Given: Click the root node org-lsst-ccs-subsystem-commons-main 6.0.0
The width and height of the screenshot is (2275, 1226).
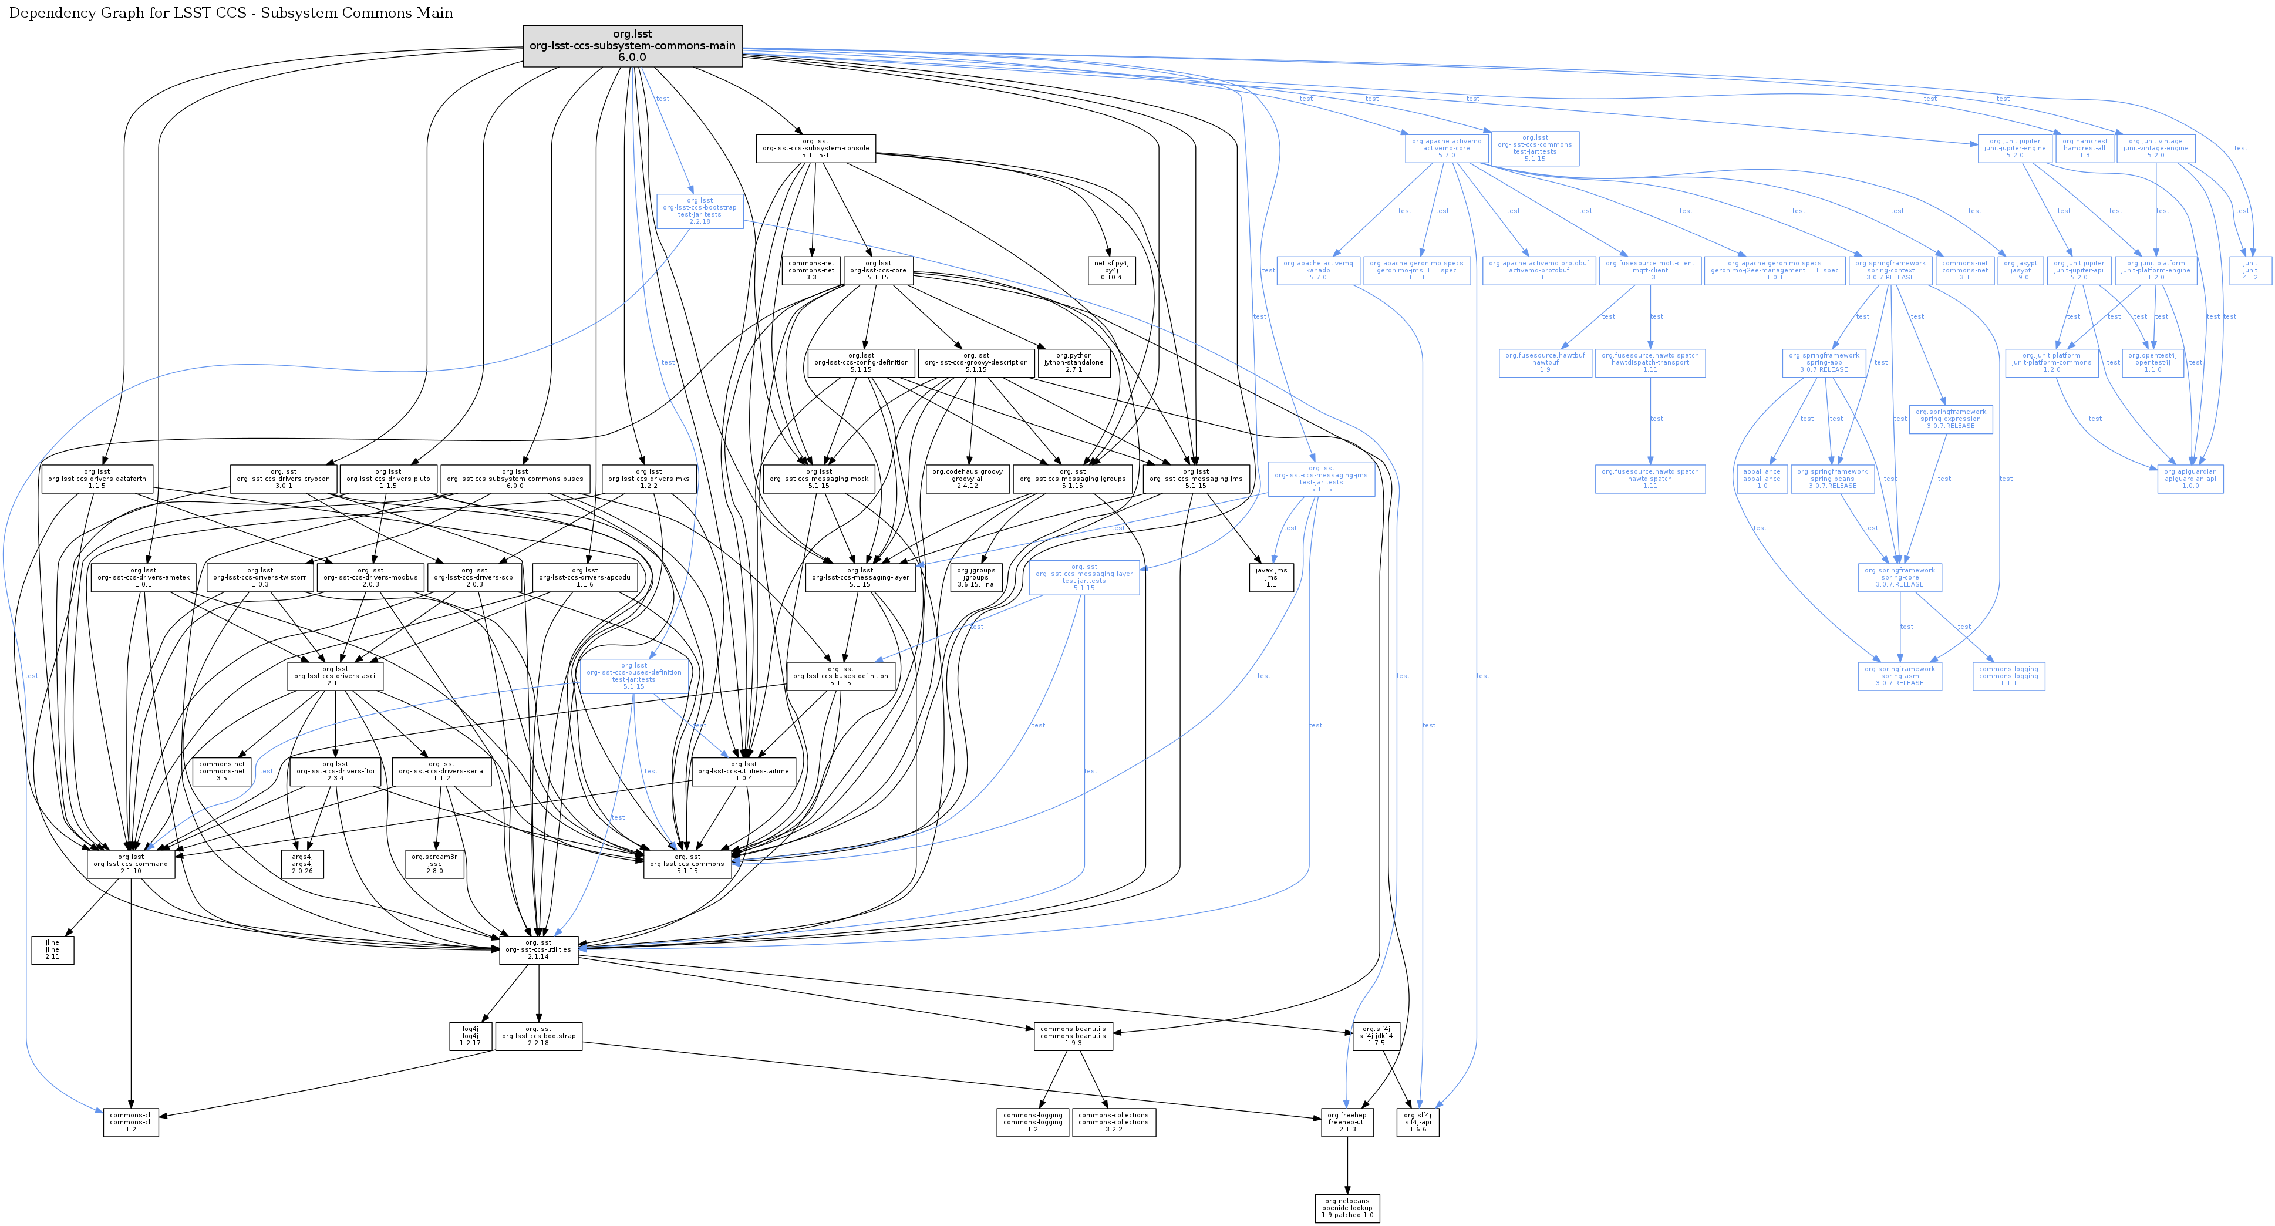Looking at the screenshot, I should [632, 46].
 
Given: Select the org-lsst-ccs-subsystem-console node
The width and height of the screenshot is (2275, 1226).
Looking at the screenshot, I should [815, 149].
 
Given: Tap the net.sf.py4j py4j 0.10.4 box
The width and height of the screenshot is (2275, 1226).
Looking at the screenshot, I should [1111, 270].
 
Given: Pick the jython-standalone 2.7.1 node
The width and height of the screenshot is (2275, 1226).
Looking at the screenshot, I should [1074, 362].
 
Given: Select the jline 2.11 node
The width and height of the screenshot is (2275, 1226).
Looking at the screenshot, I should [52, 949].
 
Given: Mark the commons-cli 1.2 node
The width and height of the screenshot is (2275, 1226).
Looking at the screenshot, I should [131, 1123].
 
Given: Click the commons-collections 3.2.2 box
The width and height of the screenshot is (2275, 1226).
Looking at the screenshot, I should [1114, 1123].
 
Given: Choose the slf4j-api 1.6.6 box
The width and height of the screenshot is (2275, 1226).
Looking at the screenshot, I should [1417, 1123].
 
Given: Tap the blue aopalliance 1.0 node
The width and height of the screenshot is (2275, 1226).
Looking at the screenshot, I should [1762, 479].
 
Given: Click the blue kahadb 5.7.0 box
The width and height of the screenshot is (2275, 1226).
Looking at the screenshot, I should [1317, 270].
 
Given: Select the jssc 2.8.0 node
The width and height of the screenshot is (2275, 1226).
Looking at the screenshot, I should [434, 864].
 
